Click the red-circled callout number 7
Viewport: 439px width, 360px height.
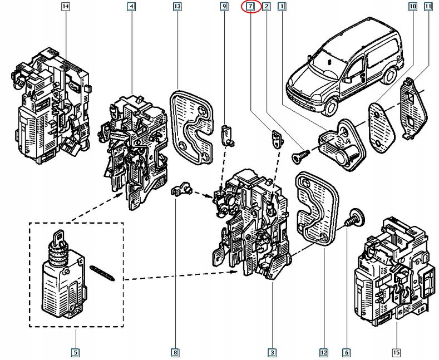click(x=250, y=7)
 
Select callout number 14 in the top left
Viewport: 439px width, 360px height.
click(x=66, y=7)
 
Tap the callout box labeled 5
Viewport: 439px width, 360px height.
click(x=75, y=352)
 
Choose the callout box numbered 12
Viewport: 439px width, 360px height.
click(x=323, y=352)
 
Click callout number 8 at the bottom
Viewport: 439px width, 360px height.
click(x=175, y=352)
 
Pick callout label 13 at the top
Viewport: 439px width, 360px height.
click(x=177, y=7)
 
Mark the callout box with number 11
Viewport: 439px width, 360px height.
click(x=427, y=7)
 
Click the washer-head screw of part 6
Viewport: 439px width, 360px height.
click(x=352, y=219)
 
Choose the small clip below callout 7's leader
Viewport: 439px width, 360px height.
click(x=275, y=137)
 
